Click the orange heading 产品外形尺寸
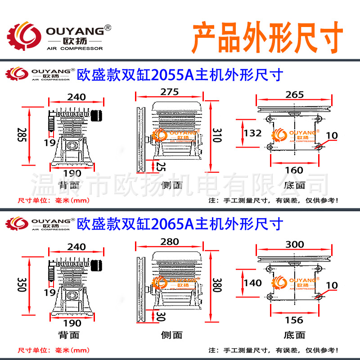point(268,36)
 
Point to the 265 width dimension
point(294,94)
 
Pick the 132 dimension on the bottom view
point(253,133)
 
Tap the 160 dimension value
point(294,170)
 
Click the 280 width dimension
point(169,242)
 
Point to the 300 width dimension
point(294,244)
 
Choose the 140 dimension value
point(253,283)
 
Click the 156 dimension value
point(294,320)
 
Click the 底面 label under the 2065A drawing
point(294,335)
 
